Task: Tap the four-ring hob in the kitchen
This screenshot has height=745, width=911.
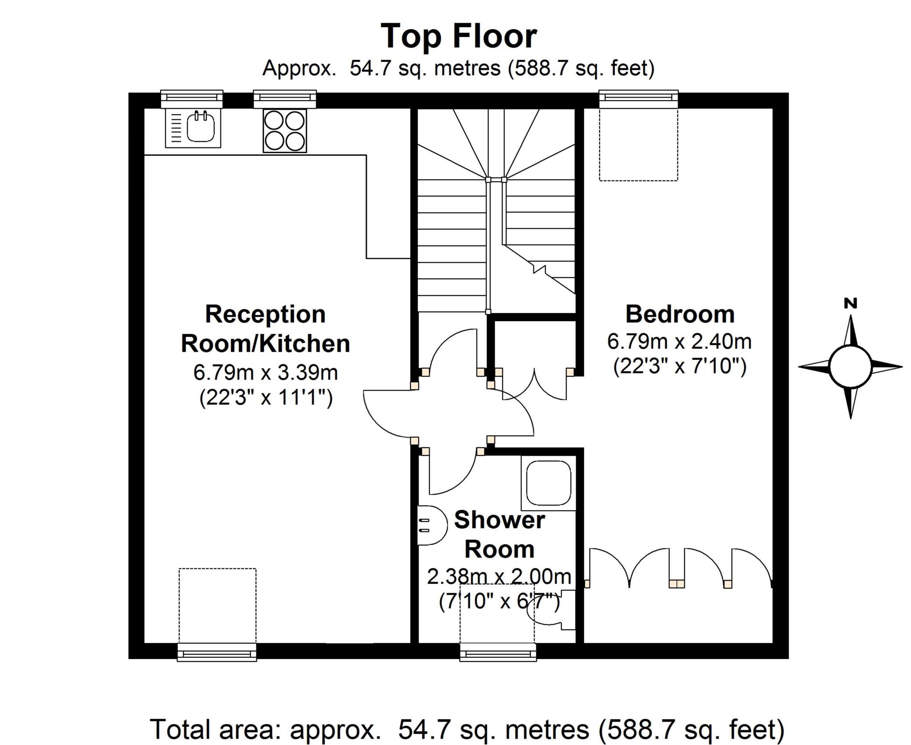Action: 285,131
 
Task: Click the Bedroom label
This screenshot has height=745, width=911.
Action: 680,314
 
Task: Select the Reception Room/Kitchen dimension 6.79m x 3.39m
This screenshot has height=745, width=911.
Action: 266,372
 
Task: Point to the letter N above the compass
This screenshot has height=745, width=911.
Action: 851,304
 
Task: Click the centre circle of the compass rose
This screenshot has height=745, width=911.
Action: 850,367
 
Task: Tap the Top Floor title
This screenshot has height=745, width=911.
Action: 459,37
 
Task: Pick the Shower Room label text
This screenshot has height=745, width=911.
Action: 499,534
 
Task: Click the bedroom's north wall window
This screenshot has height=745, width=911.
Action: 638,99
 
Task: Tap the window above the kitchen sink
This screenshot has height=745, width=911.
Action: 192,99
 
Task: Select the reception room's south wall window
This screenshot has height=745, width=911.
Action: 217,652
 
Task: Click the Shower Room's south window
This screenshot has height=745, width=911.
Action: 498,652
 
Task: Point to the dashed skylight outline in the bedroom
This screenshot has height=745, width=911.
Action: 638,145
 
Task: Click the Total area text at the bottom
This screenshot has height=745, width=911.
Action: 467,729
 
